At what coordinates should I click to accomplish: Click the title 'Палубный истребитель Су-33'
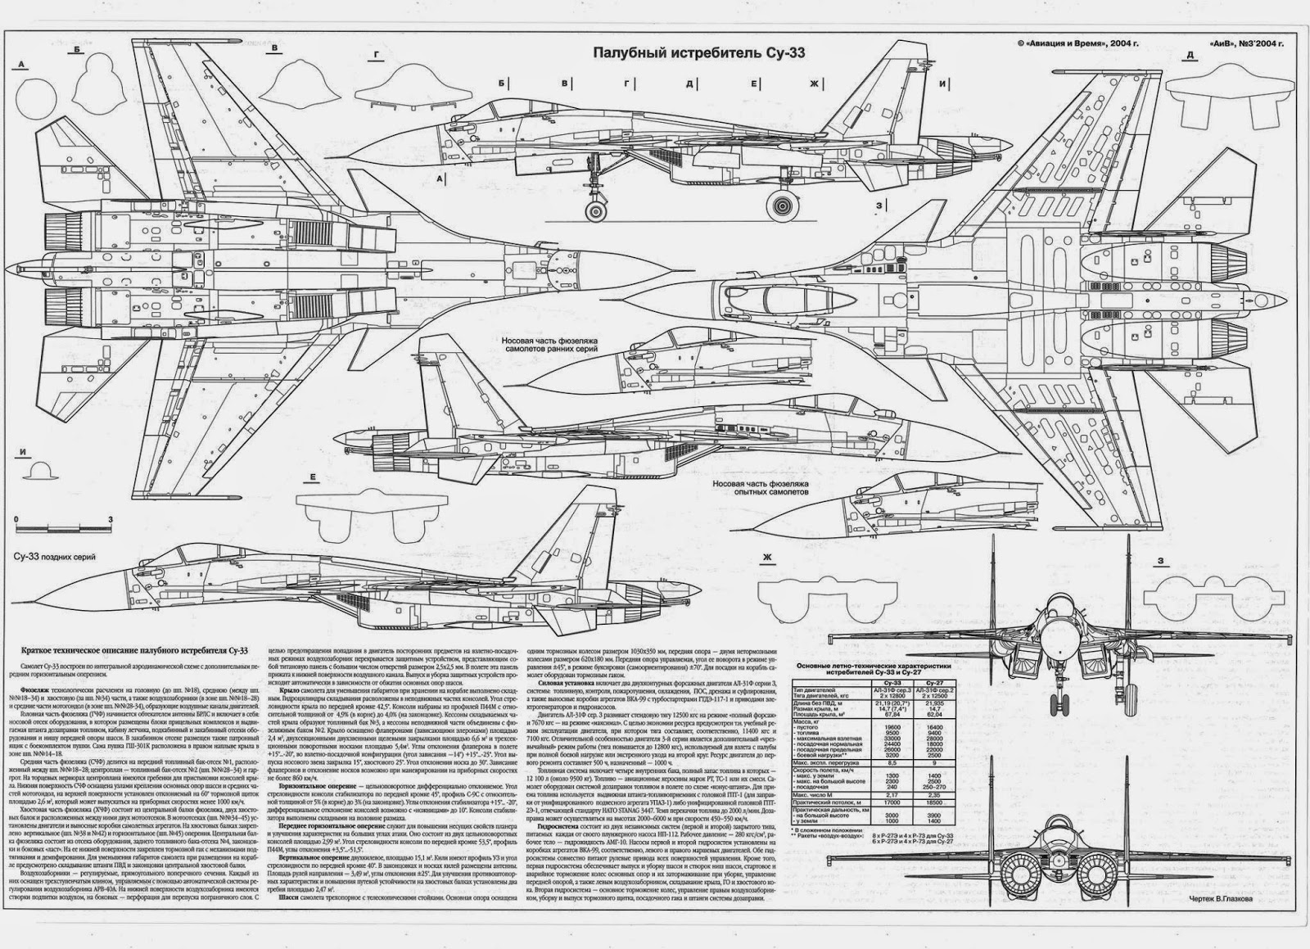click(699, 53)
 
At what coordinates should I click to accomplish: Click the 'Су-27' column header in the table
click(933, 681)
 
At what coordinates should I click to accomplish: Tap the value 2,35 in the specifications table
click(933, 793)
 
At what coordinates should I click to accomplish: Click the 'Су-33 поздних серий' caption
click(55, 557)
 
